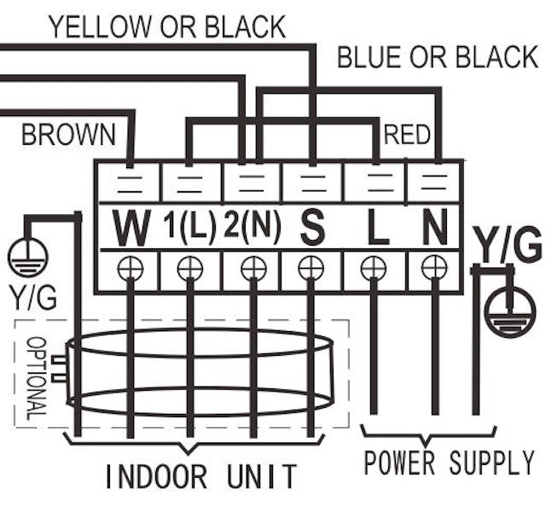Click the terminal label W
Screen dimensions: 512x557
(131, 228)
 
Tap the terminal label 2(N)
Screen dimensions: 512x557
(252, 228)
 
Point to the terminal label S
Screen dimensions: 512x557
(313, 228)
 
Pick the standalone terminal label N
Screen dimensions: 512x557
(436, 228)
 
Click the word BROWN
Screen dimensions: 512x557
(68, 134)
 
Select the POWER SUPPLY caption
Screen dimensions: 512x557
(449, 463)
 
